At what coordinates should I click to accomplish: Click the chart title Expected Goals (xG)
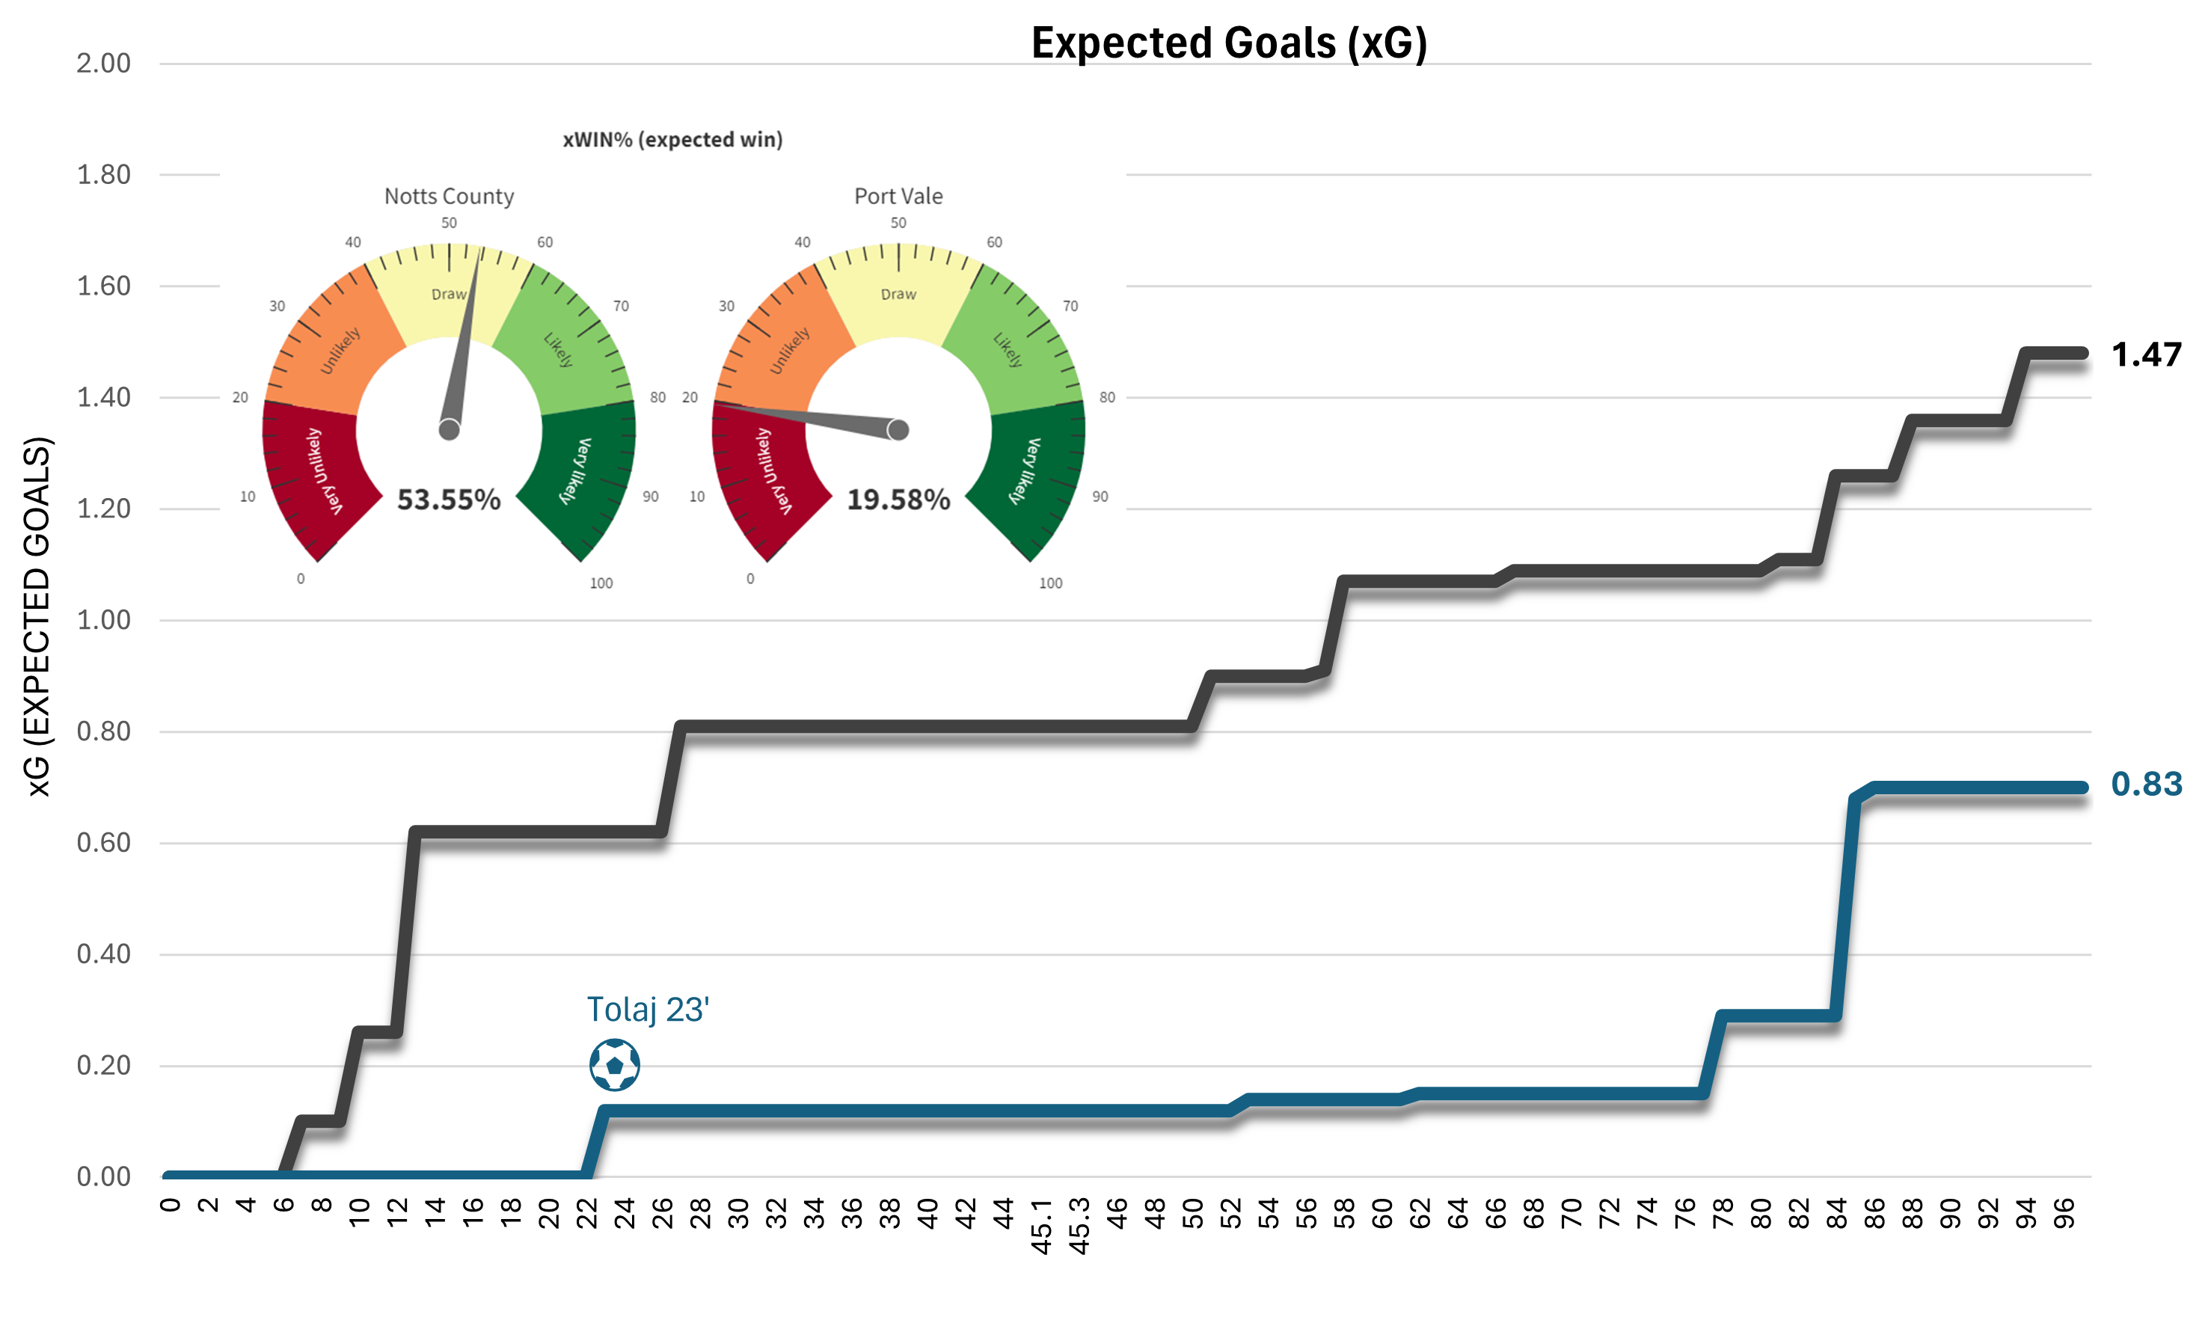coord(1228,43)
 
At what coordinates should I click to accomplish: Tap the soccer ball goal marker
coord(614,1064)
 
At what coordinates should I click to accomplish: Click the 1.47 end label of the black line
coord(2147,354)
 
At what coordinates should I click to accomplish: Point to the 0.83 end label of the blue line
coord(2147,784)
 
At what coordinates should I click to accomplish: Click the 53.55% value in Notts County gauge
coord(448,500)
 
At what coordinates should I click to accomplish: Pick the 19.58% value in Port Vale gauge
coord(898,500)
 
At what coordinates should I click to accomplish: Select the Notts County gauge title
coord(448,196)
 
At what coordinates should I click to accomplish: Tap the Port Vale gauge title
coord(898,196)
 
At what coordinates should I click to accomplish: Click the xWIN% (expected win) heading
coord(672,139)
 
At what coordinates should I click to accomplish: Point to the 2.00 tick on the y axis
coord(103,64)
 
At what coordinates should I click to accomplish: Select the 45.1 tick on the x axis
coord(1041,1227)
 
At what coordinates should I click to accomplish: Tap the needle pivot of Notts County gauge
coord(450,431)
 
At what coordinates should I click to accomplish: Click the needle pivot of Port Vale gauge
coord(898,431)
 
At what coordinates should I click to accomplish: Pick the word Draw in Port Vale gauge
coord(898,294)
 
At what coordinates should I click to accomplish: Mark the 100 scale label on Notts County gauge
coord(601,583)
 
